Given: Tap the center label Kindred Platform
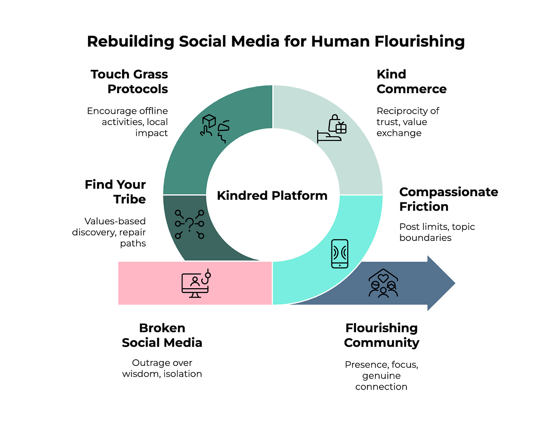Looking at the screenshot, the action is tap(272, 195).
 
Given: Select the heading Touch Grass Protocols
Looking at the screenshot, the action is tap(129, 81).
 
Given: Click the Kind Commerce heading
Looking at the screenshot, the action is tap(411, 81).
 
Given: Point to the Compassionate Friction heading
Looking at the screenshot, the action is tap(448, 199).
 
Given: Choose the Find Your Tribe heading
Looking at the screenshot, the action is tap(116, 192).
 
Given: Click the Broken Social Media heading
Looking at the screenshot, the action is tap(162, 335).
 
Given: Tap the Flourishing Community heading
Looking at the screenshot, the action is tap(381, 335).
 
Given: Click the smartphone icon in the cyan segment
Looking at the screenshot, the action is tap(339, 254).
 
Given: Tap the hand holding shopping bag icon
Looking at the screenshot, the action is tap(332, 129).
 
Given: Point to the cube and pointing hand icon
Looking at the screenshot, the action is tap(215, 128).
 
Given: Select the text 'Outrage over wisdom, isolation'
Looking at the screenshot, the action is tap(162, 368).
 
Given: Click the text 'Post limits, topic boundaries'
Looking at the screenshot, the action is tap(437, 232).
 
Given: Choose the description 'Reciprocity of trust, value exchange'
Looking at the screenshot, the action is tap(408, 122).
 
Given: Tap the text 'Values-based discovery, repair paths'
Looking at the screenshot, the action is tap(109, 232).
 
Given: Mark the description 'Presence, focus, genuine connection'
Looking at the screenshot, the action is tap(381, 376).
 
